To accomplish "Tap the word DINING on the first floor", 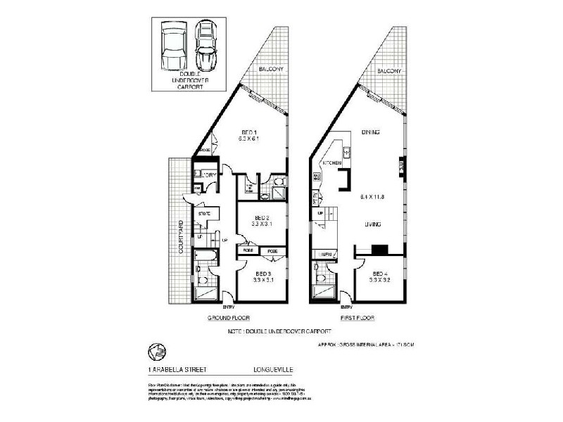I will pos(372,132).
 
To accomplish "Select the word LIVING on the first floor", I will pos(373,225).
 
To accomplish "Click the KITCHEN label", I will pos(332,162).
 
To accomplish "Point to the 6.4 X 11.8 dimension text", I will pos(374,196).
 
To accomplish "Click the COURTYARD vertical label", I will pos(181,237).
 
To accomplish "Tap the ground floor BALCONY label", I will pos(270,70).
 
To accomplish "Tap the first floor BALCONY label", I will pos(388,72).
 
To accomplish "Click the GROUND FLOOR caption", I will pos(227,318).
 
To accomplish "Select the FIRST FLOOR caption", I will pos(357,318).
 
